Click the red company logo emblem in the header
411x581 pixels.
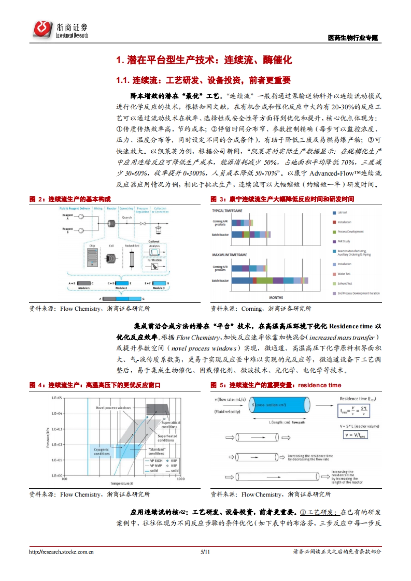tap(42, 29)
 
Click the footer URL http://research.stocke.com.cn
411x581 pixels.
tap(61, 552)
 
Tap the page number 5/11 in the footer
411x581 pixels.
tap(205, 552)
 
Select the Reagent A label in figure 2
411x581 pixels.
tap(67, 217)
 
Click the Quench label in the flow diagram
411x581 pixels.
tap(127, 217)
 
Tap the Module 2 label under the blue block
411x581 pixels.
tap(121, 288)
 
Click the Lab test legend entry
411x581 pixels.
tap(342, 212)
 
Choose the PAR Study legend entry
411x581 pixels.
tap(344, 242)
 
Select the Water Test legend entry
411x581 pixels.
tap(344, 274)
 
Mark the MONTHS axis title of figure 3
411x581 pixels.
tap(276, 298)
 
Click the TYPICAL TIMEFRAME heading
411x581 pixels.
tap(227, 211)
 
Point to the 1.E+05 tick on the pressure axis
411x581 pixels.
tap(57, 398)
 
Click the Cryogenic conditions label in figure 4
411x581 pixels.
tap(102, 452)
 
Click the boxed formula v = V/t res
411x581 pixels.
tap(355, 435)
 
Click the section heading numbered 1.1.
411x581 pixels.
tap(203, 80)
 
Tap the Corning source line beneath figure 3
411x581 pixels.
tap(261, 309)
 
